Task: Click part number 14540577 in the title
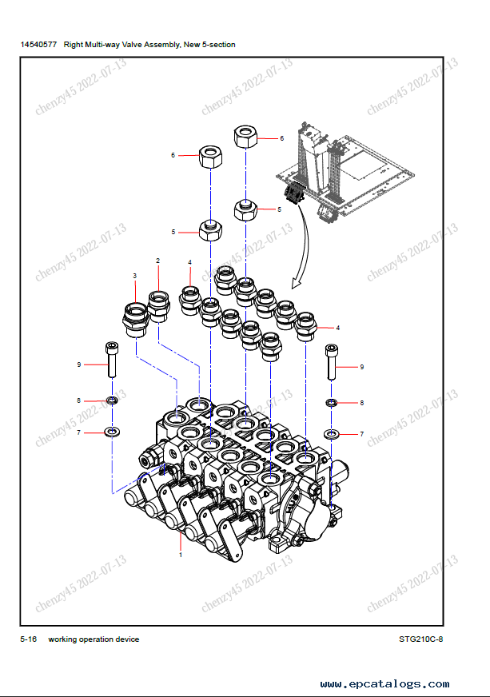click(38, 45)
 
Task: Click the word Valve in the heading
click(132, 45)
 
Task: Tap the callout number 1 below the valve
click(181, 555)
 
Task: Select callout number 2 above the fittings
click(157, 261)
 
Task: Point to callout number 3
click(135, 276)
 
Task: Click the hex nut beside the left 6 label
click(211, 156)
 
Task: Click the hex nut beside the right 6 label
click(246, 137)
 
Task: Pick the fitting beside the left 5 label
click(210, 230)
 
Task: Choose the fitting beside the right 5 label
click(246, 209)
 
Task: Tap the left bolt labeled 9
click(112, 360)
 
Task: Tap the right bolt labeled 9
click(331, 362)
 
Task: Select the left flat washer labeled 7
click(112, 432)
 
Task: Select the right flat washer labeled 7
click(331, 433)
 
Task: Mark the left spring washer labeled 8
click(112, 400)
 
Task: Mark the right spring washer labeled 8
click(331, 403)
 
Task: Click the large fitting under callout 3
click(135, 320)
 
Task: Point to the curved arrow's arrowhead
click(296, 283)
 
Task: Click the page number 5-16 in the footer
click(29, 639)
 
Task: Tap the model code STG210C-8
click(420, 639)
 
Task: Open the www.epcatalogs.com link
click(384, 684)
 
